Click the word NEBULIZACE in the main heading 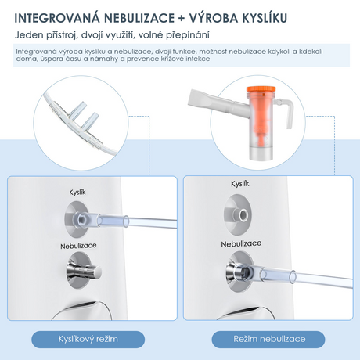click(x=139, y=19)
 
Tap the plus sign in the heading click(x=182, y=19)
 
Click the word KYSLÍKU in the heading click(x=265, y=18)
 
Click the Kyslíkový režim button click(x=88, y=339)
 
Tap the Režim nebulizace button click(x=268, y=339)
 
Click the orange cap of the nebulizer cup click(x=261, y=89)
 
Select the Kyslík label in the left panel click(x=77, y=193)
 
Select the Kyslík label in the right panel click(x=240, y=184)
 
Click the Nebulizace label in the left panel click(x=78, y=246)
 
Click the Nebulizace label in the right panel click(x=241, y=244)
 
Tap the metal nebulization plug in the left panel click(x=84, y=272)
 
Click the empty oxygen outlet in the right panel click(x=240, y=214)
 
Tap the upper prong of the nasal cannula click(x=77, y=110)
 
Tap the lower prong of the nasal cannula click(x=90, y=122)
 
